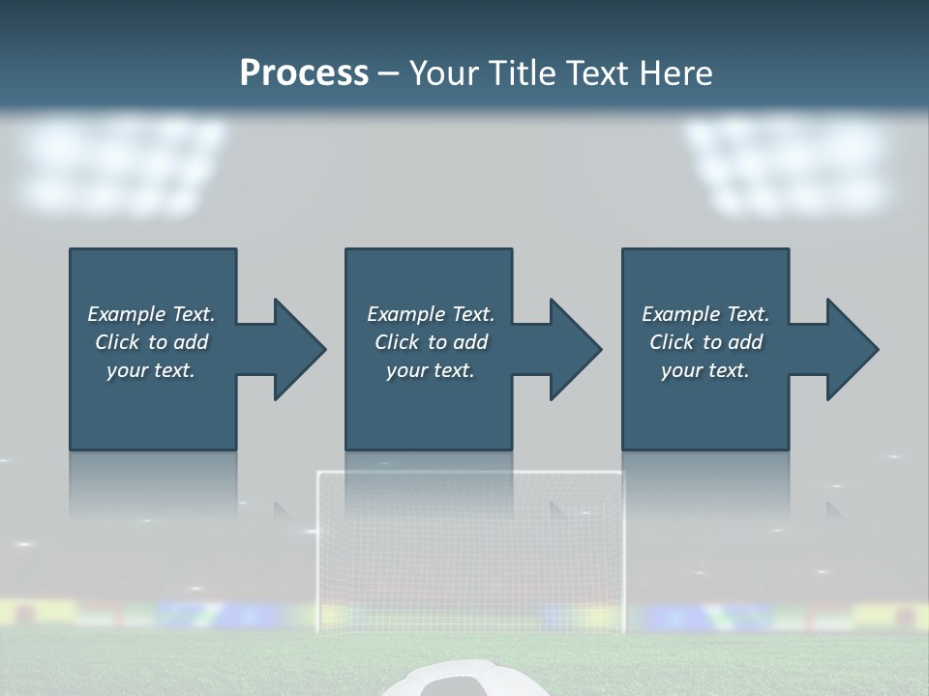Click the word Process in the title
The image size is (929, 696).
(304, 73)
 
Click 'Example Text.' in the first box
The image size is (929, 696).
(151, 314)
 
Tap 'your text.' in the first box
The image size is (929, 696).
(151, 370)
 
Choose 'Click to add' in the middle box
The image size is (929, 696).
(431, 342)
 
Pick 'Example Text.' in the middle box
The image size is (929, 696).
(431, 314)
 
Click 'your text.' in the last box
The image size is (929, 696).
(705, 370)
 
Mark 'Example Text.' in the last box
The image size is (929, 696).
(705, 314)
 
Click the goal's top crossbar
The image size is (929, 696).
(471, 474)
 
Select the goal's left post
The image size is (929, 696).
(319, 551)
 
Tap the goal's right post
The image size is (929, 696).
(622, 551)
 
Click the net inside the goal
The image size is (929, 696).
(471, 561)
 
